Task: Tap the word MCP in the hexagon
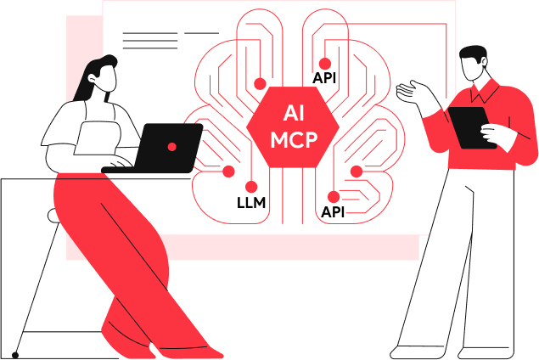click(x=294, y=138)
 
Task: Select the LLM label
click(x=251, y=204)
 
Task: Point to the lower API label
click(x=333, y=211)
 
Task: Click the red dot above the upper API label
click(x=324, y=63)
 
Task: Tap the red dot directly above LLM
click(x=251, y=187)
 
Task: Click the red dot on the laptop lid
click(x=171, y=147)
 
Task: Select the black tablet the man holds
click(x=471, y=127)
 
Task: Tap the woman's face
click(x=109, y=82)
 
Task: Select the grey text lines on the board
click(x=153, y=38)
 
